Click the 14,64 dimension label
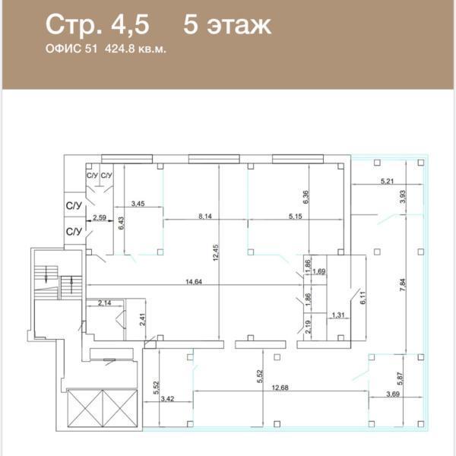coord(194,281)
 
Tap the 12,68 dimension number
coord(280,388)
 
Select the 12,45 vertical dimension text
coord(216,252)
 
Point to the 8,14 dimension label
coord(205,216)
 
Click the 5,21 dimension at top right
coord(387,181)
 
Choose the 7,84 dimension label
coord(403,285)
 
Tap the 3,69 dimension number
coord(393,394)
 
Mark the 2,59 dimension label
coord(100,217)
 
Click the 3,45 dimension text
coord(138,203)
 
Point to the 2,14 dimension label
coord(104,302)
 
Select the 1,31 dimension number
coord(338,315)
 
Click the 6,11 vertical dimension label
coord(363,297)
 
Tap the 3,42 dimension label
coord(167,398)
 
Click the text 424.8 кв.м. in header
coord(135,49)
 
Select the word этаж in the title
coord(239,25)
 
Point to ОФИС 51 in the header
coord(71,49)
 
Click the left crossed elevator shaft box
coord(85,408)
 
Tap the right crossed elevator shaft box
coord(120,408)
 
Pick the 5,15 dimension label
coord(295,216)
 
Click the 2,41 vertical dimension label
coord(142,319)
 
